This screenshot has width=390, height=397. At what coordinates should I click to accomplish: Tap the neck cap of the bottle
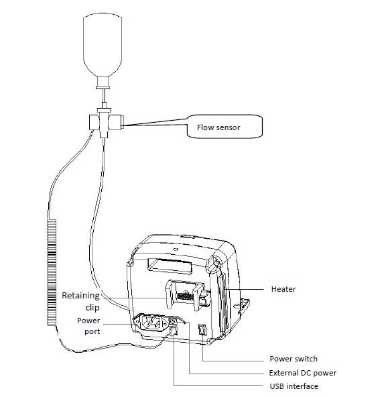point(103,84)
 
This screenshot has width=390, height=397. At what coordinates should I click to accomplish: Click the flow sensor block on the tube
point(103,123)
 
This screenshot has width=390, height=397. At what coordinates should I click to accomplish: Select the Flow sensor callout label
point(218,126)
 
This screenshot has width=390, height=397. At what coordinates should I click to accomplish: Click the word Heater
point(283,289)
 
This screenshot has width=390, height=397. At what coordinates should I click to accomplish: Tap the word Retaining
point(80,295)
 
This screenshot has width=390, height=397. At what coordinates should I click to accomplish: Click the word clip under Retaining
point(92,307)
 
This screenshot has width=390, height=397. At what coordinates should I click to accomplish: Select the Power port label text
point(88,325)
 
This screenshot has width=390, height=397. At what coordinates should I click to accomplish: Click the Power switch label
point(293,359)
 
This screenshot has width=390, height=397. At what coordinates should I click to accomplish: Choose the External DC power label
point(302,373)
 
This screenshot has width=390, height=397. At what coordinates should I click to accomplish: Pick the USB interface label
point(294,386)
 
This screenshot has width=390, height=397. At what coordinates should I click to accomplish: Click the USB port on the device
point(174,330)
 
